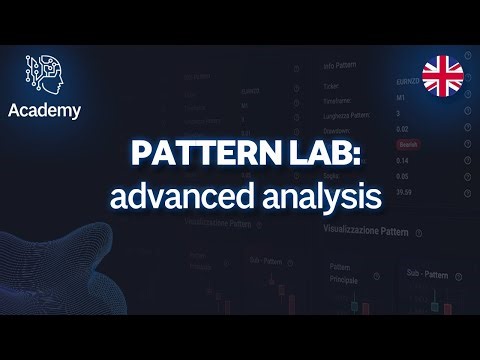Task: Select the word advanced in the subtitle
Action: coord(169,193)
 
